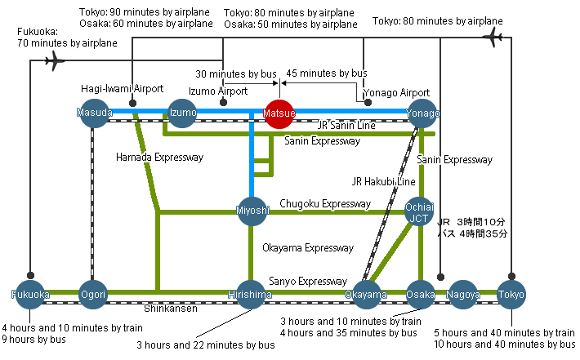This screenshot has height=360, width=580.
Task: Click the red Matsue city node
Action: pyautogui.click(x=279, y=113)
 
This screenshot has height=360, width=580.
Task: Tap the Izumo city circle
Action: pyautogui.click(x=182, y=113)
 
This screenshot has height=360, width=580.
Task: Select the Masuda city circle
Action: pyautogui.click(x=94, y=113)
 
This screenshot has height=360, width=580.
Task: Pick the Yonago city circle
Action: pyautogui.click(x=422, y=113)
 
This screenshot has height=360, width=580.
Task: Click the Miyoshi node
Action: pyautogui.click(x=252, y=211)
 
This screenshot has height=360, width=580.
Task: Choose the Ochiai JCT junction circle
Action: pyautogui.click(x=419, y=211)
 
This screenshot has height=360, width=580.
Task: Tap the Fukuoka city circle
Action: pyautogui.click(x=30, y=295)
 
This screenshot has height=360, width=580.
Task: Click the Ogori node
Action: pyautogui.click(x=93, y=295)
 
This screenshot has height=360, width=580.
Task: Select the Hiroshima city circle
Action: pyautogui.click(x=251, y=295)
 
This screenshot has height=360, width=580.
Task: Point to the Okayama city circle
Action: pyautogui.click(x=366, y=295)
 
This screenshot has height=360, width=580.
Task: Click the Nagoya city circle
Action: pyautogui.click(x=462, y=295)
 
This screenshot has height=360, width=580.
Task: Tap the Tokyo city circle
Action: pyautogui.click(x=511, y=295)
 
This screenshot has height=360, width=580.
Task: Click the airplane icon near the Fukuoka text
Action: pyautogui.click(x=55, y=60)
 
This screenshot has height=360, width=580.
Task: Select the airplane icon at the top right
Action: pyautogui.click(x=493, y=37)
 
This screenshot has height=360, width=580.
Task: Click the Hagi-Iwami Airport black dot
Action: pyautogui.click(x=132, y=103)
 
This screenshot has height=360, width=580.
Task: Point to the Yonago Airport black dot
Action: pyautogui.click(x=368, y=103)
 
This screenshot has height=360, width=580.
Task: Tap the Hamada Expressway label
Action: pyautogui.click(x=160, y=158)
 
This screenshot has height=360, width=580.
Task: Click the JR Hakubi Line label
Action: pyautogui.click(x=384, y=181)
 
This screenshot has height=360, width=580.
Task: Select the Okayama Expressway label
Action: pyautogui.click(x=308, y=248)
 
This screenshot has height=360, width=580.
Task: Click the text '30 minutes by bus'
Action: pyautogui.click(x=236, y=74)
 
